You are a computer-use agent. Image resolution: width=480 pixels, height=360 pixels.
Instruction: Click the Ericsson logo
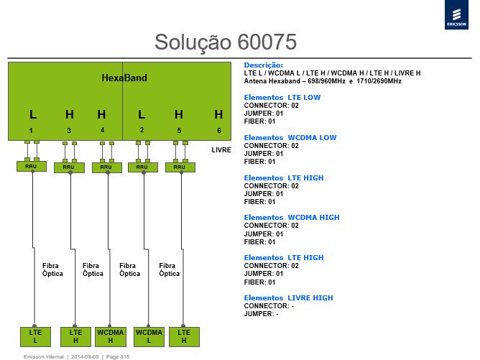click(456, 14)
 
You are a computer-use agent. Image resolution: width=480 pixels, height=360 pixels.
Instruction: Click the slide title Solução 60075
click(226, 42)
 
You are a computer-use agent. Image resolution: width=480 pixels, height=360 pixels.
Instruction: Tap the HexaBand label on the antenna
click(124, 78)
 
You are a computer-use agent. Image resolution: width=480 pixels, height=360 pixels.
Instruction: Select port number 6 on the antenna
click(219, 130)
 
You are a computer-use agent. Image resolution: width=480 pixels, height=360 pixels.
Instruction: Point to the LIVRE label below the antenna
click(221, 150)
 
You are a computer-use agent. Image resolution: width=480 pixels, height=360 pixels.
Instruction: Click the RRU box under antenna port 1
click(32, 166)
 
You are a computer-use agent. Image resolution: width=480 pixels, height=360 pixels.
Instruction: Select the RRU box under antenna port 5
click(180, 167)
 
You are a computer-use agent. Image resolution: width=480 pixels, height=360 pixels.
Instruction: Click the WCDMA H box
click(110, 336)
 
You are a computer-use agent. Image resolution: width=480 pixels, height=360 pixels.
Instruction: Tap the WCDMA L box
click(149, 336)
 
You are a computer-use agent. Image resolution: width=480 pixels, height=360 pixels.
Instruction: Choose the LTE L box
click(35, 336)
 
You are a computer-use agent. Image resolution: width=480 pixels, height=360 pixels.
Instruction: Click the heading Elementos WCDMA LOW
click(290, 138)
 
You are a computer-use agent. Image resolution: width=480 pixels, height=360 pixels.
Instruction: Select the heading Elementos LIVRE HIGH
click(288, 298)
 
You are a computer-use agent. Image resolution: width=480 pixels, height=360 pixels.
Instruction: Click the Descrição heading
click(264, 65)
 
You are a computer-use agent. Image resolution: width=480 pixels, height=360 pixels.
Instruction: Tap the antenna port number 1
click(31, 131)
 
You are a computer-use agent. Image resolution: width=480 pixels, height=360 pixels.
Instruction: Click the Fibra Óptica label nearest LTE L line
click(52, 269)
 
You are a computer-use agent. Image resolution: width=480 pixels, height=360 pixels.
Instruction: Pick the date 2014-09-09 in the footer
click(85, 356)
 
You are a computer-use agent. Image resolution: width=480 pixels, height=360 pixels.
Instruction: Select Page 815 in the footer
click(118, 356)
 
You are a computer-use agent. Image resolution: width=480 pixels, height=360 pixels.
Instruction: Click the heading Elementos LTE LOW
click(282, 97)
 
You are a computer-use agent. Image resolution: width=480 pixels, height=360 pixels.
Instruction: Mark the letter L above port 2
click(142, 114)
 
